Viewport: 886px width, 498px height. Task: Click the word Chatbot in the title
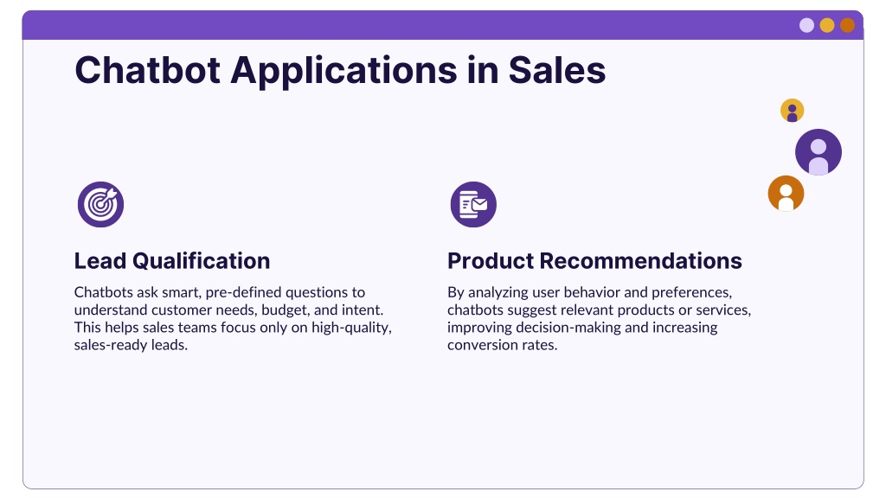[147, 70]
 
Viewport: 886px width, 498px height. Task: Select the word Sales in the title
[556, 70]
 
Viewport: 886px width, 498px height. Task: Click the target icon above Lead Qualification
[100, 204]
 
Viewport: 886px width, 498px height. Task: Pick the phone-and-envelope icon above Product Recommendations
[473, 204]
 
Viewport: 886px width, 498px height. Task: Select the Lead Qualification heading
[172, 261]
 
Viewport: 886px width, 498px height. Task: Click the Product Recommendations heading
[594, 261]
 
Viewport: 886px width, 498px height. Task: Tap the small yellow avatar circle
[793, 110]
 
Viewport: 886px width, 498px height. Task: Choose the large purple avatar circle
[819, 152]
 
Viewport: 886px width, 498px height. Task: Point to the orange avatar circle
[786, 193]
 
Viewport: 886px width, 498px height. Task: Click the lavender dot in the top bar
[807, 25]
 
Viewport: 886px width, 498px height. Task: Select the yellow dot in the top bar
[827, 25]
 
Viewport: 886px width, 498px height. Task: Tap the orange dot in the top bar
[848, 25]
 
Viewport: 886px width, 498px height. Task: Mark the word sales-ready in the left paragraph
[111, 346]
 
